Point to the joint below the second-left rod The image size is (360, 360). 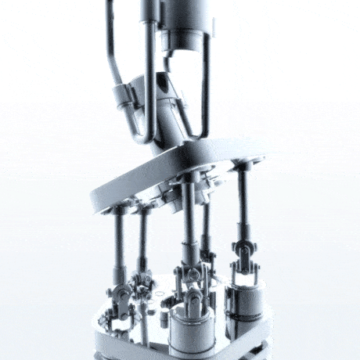pos(143,283)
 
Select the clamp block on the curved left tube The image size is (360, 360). pos(125,98)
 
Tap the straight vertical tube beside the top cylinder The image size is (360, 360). pos(149,78)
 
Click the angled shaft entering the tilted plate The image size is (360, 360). pos(168,110)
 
